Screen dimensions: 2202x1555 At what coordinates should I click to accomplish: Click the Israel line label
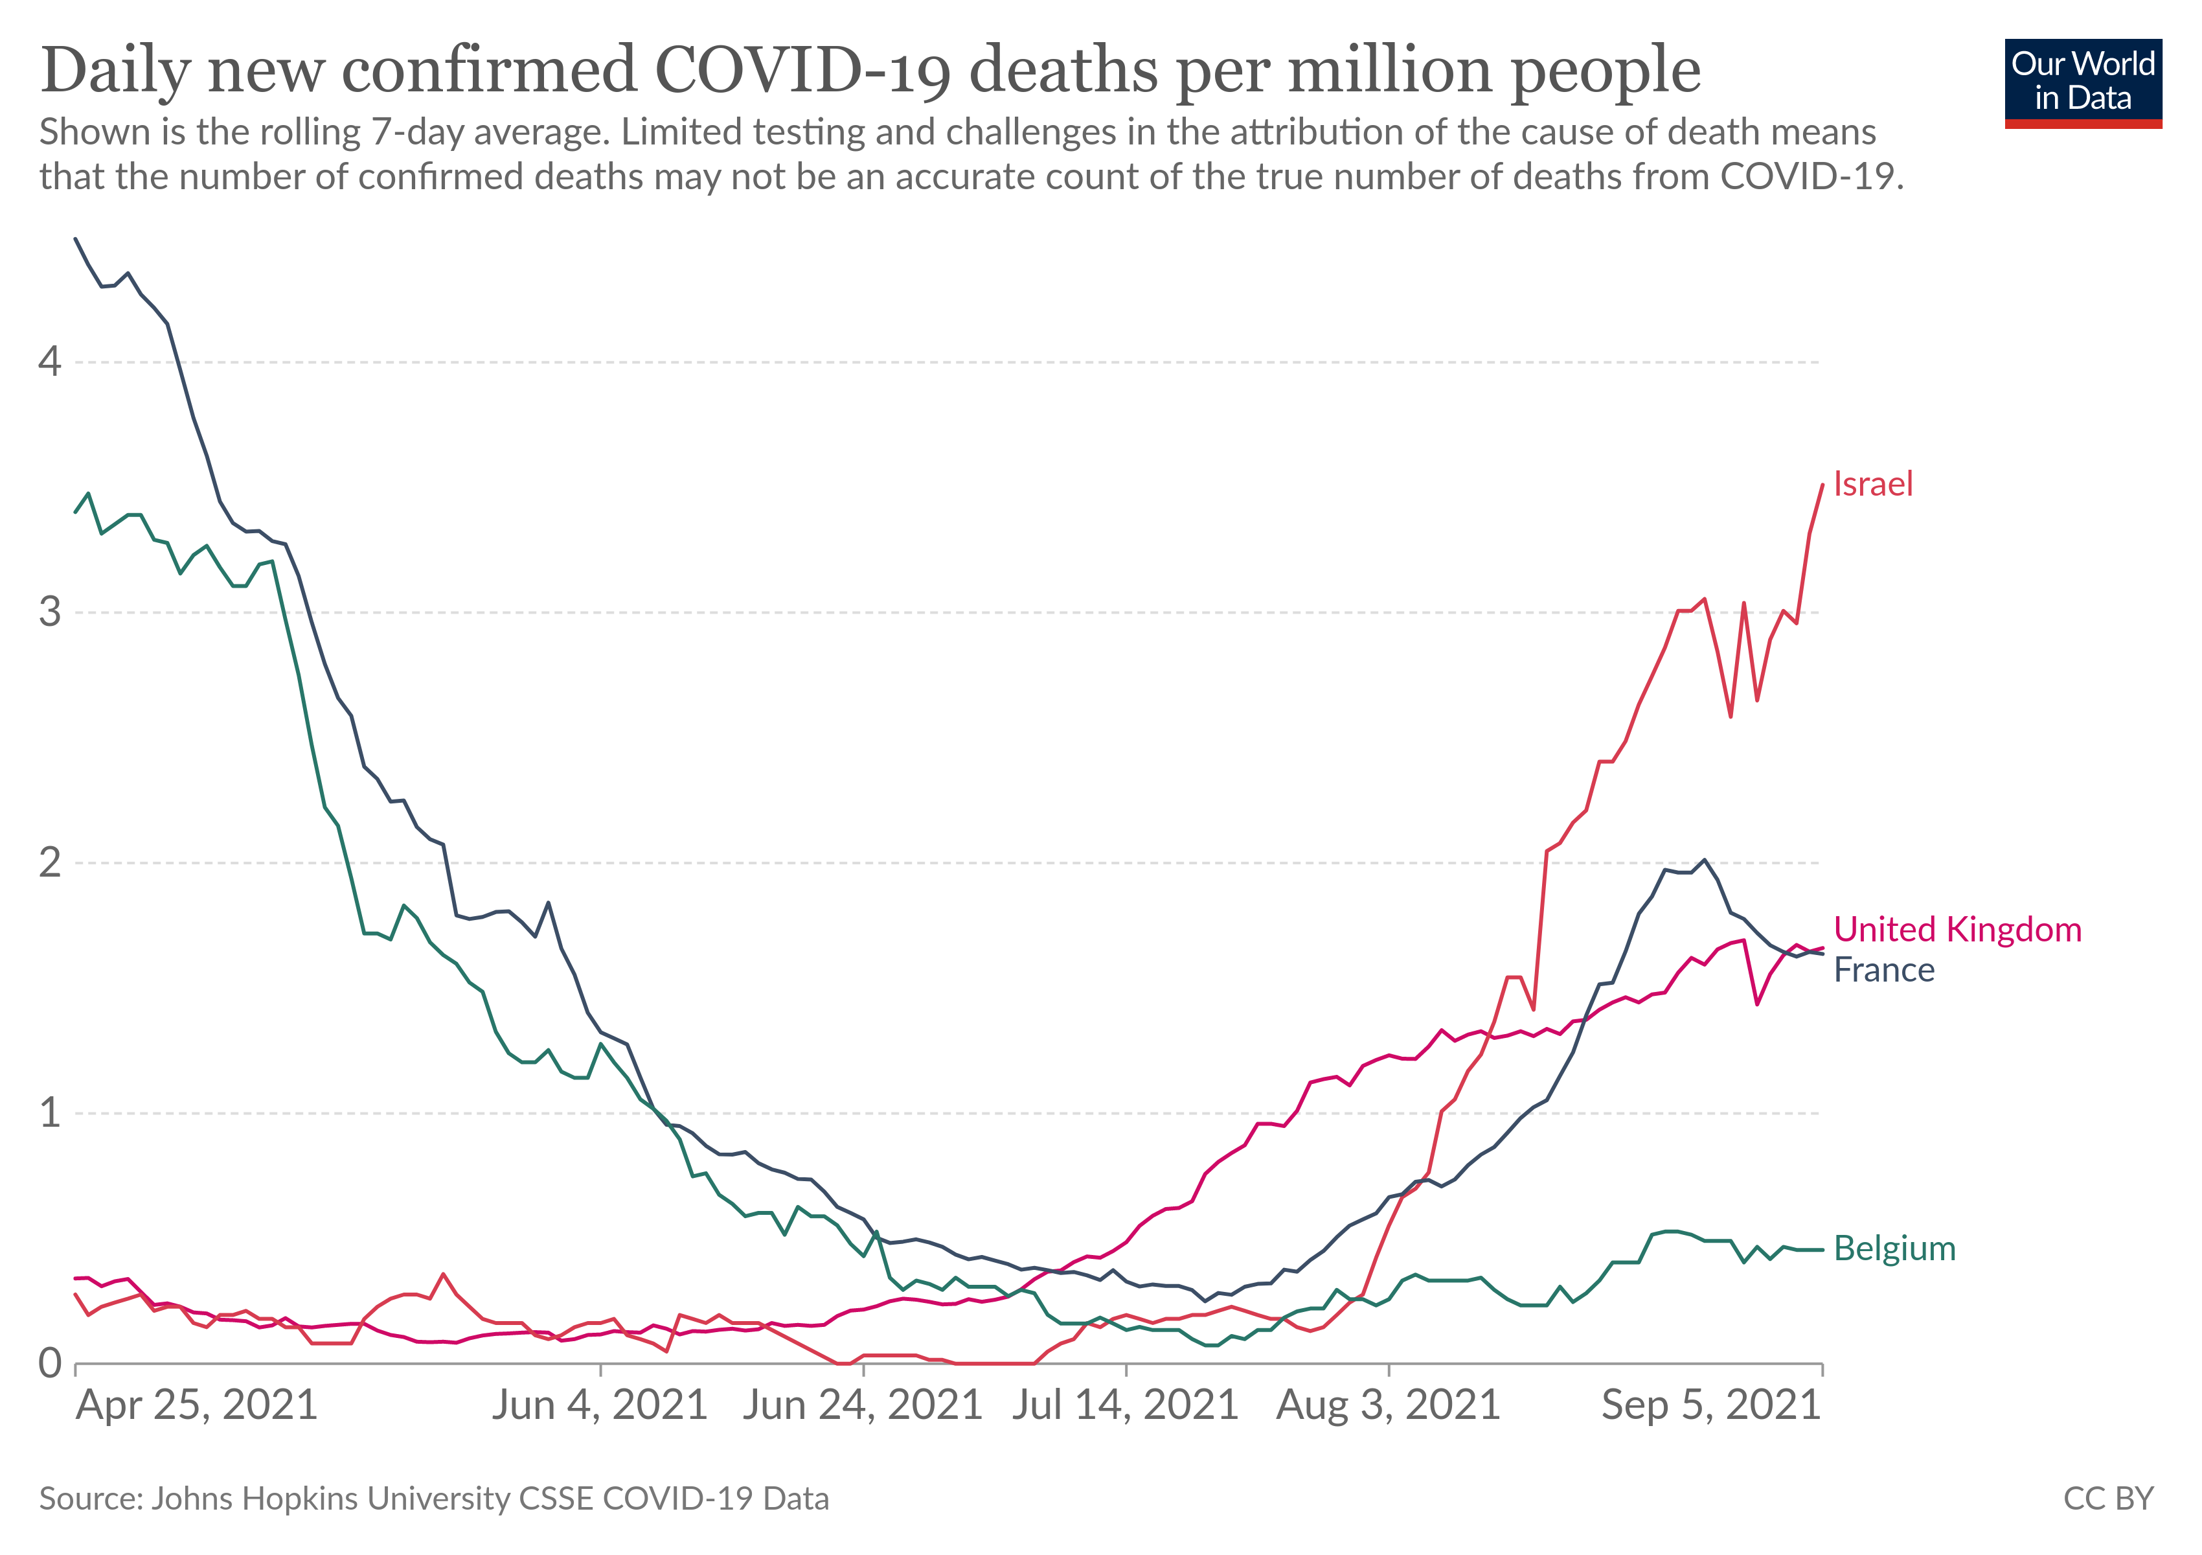coord(1872,485)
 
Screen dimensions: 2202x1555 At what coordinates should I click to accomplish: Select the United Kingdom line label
coord(1957,930)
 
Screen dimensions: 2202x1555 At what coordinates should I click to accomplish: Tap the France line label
coord(1883,970)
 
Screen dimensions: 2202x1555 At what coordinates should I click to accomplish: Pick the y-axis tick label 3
coord(50,612)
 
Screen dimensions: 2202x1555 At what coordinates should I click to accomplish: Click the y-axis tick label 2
coord(50,862)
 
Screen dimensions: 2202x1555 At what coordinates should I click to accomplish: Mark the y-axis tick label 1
coord(50,1112)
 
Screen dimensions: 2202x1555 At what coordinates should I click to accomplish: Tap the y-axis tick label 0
coord(50,1363)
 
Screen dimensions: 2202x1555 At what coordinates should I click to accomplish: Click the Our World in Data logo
coord(2083,84)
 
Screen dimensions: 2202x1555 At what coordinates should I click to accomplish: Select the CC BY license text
coord(2109,1499)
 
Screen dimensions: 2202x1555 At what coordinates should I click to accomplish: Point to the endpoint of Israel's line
coord(1822,485)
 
